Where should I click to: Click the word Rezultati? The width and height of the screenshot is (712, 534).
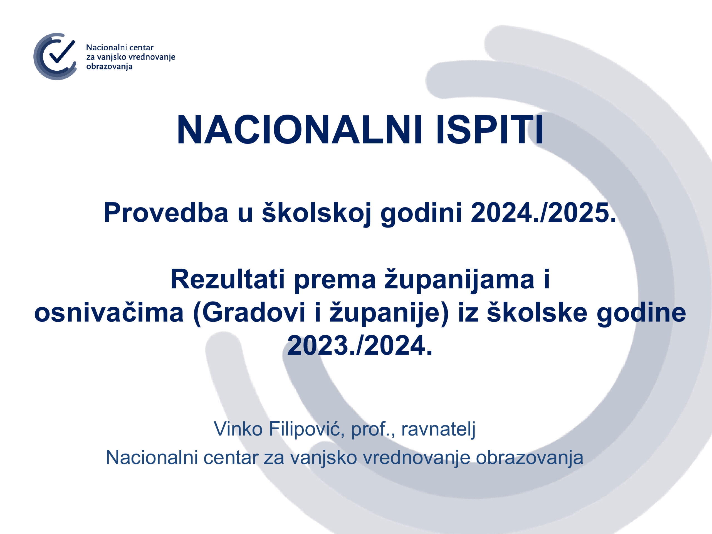tap(228, 279)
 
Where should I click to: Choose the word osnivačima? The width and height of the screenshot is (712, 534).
tap(109, 313)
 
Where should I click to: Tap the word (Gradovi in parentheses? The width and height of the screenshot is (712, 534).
tap(249, 313)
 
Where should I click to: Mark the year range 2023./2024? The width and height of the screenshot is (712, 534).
tap(360, 346)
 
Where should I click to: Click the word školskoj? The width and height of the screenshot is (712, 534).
tap(317, 214)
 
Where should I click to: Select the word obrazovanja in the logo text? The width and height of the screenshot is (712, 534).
tap(109, 67)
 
